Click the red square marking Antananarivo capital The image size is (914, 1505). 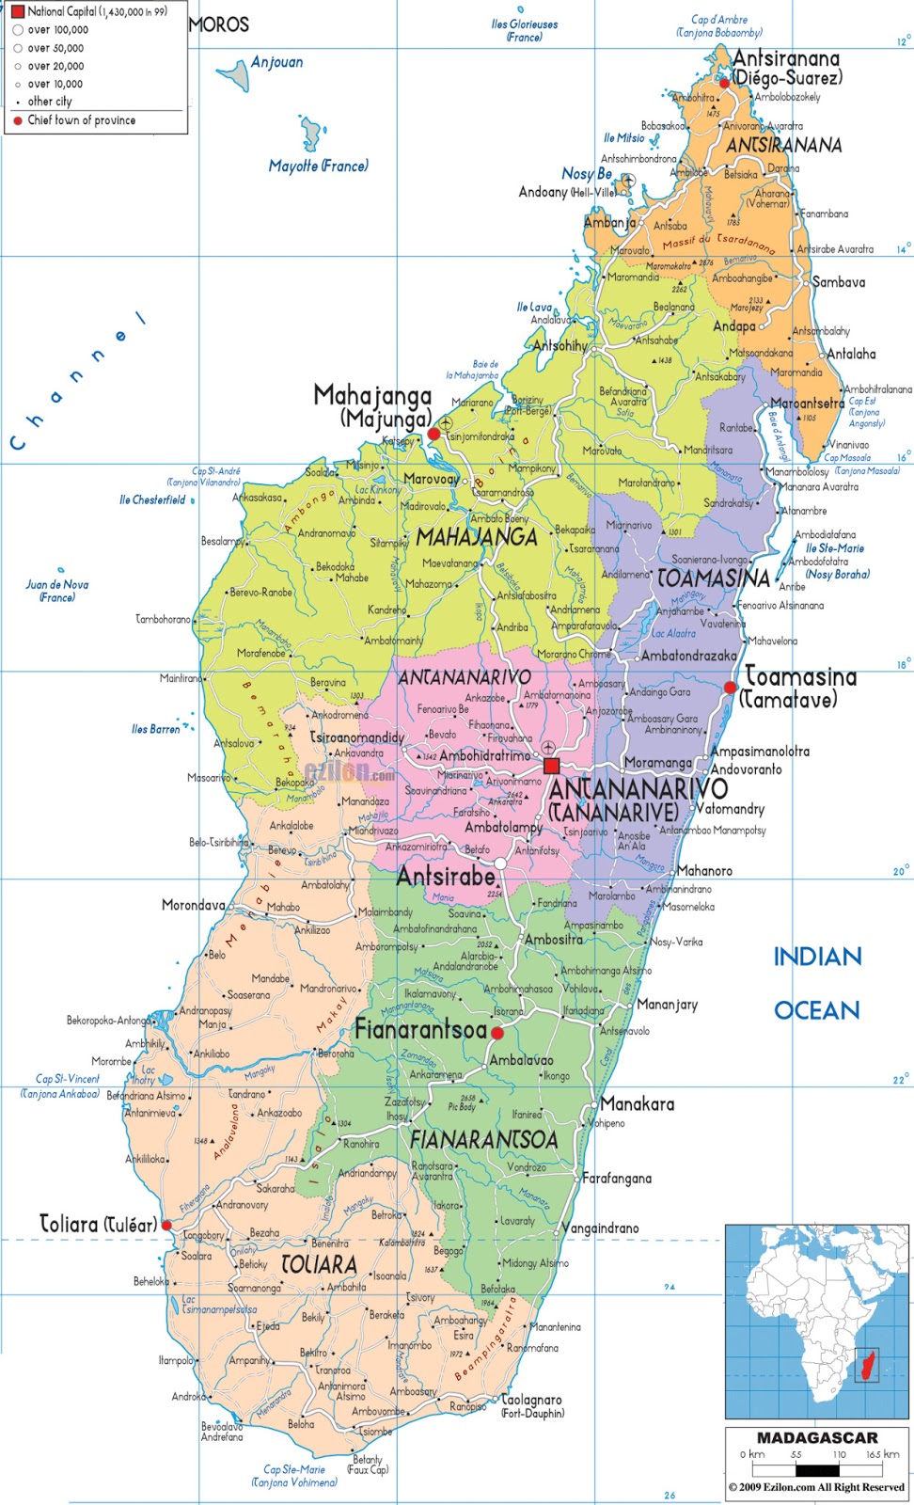pos(551,766)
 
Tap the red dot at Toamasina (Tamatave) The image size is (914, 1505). pos(731,689)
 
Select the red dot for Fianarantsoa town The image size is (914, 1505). pos(497,1033)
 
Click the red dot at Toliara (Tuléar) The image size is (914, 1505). pos(166,1226)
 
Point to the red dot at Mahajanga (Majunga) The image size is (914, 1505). pos(433,434)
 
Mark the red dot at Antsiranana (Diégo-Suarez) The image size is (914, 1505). pos(724,83)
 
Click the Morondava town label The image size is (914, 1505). pos(193,905)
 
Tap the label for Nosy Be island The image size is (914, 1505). pos(586,173)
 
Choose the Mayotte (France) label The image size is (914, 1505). pos(318,166)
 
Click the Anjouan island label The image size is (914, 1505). pos(276,62)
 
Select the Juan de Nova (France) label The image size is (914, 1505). pos(56,591)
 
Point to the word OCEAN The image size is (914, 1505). pos(816,1010)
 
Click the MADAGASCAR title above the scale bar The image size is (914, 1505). pos(816,1438)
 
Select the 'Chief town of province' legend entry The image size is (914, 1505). pos(81,120)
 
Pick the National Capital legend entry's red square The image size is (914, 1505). pos(17,11)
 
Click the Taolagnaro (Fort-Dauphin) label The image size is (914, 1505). pos(531,1405)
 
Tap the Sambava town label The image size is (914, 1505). pos(838,282)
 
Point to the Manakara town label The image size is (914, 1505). pos(637,1104)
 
